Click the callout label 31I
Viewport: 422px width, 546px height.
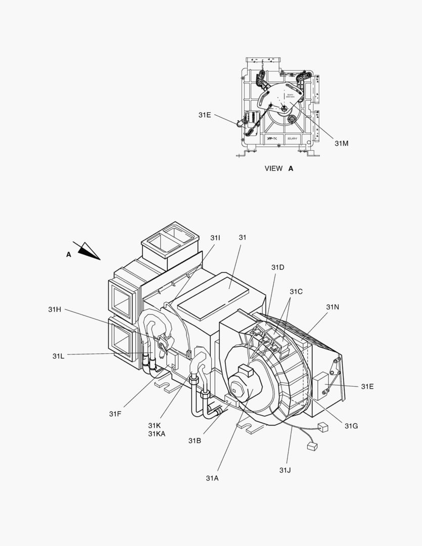point(215,238)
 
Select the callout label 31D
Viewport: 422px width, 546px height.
point(277,267)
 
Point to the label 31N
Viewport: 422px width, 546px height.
point(333,307)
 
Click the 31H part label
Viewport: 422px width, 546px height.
point(55,309)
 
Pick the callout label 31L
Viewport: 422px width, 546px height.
point(58,356)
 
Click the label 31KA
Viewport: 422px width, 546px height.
point(157,434)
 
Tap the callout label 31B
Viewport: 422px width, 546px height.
point(195,441)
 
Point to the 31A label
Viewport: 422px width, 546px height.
point(212,478)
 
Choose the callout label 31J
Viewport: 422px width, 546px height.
point(285,470)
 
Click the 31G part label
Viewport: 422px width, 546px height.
point(351,426)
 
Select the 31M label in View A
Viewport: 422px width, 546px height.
point(342,143)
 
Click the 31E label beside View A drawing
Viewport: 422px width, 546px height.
point(205,115)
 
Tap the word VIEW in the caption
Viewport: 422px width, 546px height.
point(273,168)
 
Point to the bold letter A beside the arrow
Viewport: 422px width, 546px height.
point(69,255)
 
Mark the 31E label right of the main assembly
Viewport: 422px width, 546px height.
point(367,386)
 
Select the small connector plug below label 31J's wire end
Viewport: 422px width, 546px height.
point(312,446)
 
